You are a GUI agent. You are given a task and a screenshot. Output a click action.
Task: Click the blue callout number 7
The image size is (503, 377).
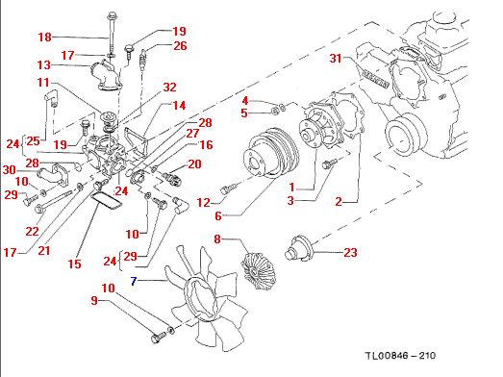coord(134,282)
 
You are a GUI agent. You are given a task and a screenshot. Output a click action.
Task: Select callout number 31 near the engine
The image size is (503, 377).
coord(336,59)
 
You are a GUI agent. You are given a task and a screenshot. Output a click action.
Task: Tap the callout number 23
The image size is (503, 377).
coord(350,253)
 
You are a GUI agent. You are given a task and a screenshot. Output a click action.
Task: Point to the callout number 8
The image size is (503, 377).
coord(217,239)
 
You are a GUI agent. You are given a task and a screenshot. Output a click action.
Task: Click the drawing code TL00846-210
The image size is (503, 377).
coord(400,356)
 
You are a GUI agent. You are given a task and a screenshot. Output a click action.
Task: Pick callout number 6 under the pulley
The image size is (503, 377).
coord(218,216)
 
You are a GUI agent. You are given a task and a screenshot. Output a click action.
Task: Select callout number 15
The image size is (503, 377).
coord(74,264)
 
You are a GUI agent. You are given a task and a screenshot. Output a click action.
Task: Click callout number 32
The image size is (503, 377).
coord(169,88)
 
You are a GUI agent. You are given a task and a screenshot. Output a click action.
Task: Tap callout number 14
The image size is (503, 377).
coord(179,106)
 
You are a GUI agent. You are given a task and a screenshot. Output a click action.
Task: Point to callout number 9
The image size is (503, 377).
coord(94,301)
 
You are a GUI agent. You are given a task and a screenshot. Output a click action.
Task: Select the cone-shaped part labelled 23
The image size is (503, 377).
coord(299,248)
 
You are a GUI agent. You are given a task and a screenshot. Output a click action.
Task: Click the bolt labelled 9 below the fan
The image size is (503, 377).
coord(158,338)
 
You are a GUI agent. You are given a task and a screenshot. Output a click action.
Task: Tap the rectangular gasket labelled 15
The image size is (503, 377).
coord(106,200)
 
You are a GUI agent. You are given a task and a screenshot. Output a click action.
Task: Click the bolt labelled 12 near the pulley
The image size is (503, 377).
coord(229,188)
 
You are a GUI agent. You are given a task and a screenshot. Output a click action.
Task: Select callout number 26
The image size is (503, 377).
coord(180,46)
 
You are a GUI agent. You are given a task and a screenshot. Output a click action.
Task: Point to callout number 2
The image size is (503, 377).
coord(339,202)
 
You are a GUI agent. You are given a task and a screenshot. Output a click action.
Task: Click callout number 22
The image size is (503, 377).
coord(32,232)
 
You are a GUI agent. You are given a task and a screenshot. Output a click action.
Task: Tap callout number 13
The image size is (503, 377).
coord(44,65)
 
